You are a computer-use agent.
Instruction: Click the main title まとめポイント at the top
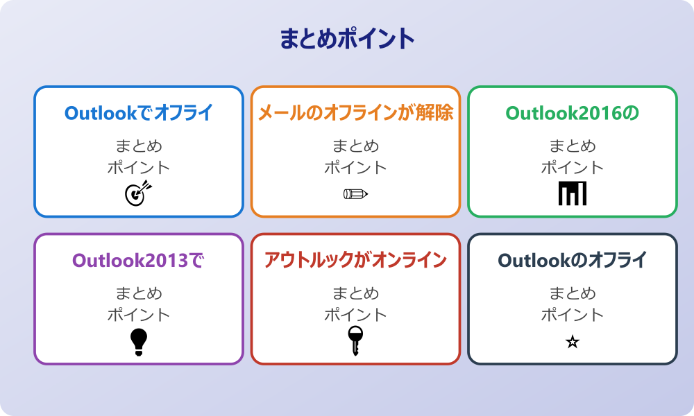click(347, 39)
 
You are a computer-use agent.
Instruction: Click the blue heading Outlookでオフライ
click(139, 113)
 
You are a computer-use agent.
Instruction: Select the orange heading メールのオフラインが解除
click(355, 113)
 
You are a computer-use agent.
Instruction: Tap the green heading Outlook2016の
click(572, 113)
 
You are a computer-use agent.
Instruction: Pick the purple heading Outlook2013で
click(139, 261)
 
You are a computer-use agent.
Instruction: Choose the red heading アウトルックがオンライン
click(355, 261)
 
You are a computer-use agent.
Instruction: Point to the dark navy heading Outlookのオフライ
click(572, 261)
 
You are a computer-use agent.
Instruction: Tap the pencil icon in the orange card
click(355, 194)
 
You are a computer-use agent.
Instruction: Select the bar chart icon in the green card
click(572, 193)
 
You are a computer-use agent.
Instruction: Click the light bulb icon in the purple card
click(139, 341)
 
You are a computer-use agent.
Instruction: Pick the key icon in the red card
click(355, 341)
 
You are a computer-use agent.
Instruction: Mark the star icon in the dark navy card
click(572, 342)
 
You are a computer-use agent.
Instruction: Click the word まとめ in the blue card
click(139, 146)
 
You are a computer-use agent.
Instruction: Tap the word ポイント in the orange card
click(355, 167)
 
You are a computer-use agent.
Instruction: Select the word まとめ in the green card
click(572, 146)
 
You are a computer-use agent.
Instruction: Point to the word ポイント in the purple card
click(139, 315)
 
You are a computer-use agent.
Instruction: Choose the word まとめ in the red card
click(355, 294)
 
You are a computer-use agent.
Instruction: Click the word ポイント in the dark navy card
click(572, 315)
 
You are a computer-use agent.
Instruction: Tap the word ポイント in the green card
click(572, 167)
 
